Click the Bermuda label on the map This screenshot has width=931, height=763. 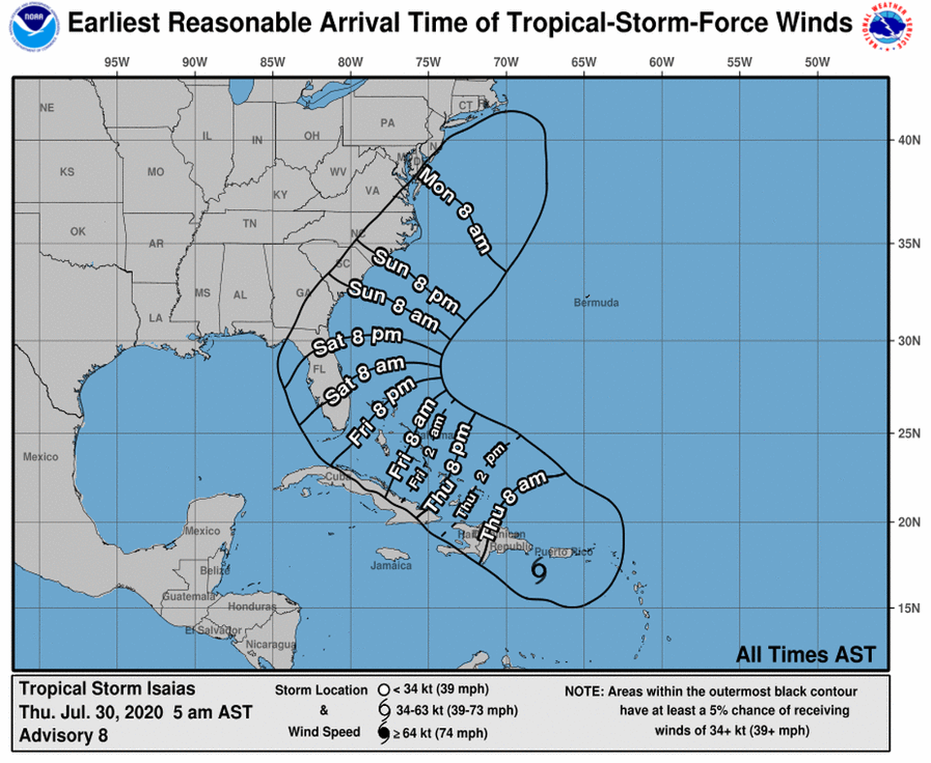pos(596,303)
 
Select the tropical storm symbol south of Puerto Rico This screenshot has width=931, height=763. pos(539,572)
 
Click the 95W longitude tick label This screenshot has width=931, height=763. pos(116,64)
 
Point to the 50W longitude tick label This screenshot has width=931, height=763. pos(817,64)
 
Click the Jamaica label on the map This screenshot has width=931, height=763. pos(391,565)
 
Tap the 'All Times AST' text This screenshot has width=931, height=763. pos(805,654)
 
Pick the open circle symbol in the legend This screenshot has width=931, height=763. pos(383,690)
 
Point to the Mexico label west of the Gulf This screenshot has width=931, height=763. pos(40,457)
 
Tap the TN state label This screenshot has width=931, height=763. pos(250,224)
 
